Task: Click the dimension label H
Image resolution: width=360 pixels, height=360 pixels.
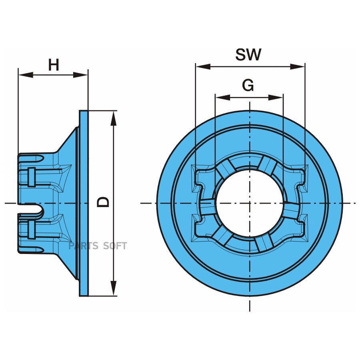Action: point(54,65)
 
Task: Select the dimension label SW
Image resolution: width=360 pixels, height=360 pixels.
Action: point(248,54)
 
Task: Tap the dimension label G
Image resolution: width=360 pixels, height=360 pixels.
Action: point(248,85)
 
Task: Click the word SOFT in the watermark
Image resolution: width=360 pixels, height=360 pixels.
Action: point(115,246)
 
